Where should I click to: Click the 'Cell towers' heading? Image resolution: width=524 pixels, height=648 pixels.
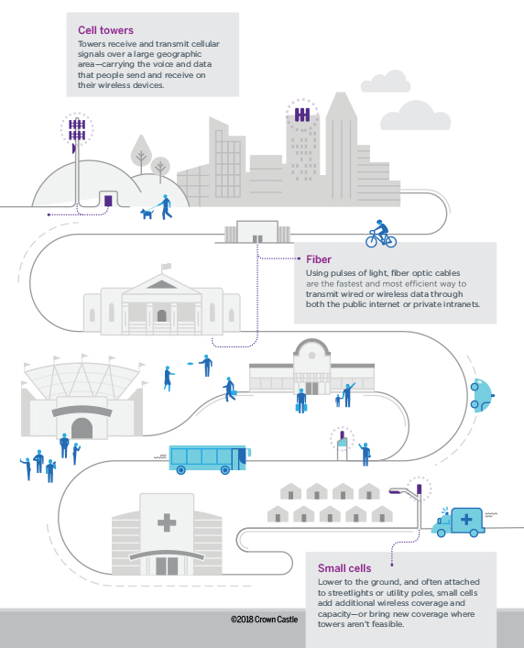coord(105,30)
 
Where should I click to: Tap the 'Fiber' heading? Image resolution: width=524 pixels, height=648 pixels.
coord(319,259)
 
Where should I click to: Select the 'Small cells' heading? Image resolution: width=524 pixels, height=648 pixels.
coord(344,568)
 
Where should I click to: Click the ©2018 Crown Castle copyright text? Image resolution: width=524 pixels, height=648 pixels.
coord(264,619)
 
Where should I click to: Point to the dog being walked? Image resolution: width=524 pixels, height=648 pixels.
coord(147,214)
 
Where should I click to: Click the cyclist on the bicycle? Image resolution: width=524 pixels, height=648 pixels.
coord(381,234)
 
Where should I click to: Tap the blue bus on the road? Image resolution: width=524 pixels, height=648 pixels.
coord(210,459)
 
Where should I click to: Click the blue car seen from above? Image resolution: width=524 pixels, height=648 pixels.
coord(482,396)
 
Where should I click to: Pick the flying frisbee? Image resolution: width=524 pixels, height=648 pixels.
coord(191,364)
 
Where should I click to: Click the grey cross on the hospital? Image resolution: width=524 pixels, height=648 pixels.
coord(167,522)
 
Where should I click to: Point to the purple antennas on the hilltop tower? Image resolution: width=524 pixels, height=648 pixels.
coord(77,130)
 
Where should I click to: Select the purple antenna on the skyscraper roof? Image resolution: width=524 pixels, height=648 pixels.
coord(302,114)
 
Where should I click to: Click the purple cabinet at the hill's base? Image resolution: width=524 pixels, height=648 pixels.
coord(108,201)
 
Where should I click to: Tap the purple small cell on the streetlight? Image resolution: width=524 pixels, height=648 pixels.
coord(420,489)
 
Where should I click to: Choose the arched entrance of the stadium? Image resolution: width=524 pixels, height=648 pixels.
coord(82,428)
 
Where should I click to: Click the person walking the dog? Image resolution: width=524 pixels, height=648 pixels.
coord(166,206)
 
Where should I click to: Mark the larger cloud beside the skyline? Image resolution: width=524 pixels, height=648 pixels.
coord(415,115)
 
